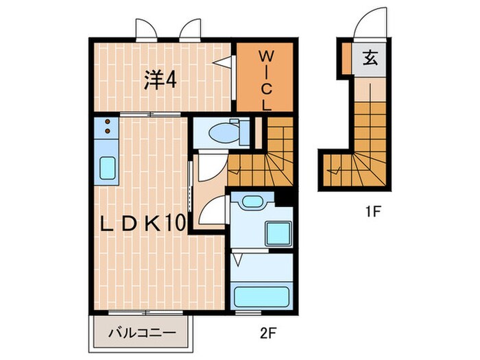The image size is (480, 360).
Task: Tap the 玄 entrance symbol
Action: coord(370,60)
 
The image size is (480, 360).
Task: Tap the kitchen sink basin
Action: coord(108,167)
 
